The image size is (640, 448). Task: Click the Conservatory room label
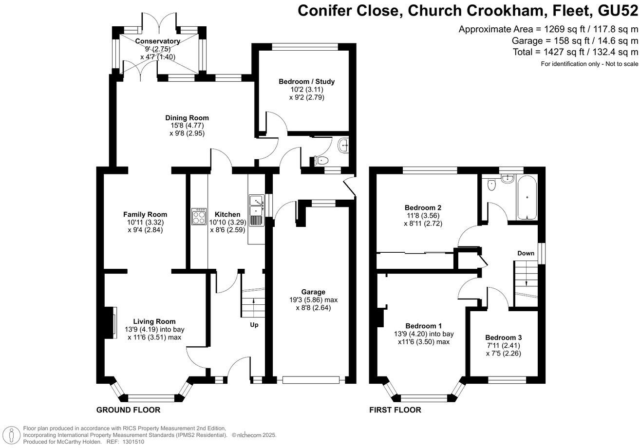tap(157, 41)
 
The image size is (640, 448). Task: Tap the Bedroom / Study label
tap(306, 81)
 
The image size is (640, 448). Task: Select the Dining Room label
tap(187, 118)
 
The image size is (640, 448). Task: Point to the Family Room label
tap(145, 214)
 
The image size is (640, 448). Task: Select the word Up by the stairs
tap(254, 325)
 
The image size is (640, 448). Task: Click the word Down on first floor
tap(526, 253)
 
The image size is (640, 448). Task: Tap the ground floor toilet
tap(321, 160)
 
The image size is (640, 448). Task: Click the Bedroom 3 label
tap(503, 337)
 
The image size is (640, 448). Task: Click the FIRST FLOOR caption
tap(395, 410)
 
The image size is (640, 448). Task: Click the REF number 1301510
tap(132, 442)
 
